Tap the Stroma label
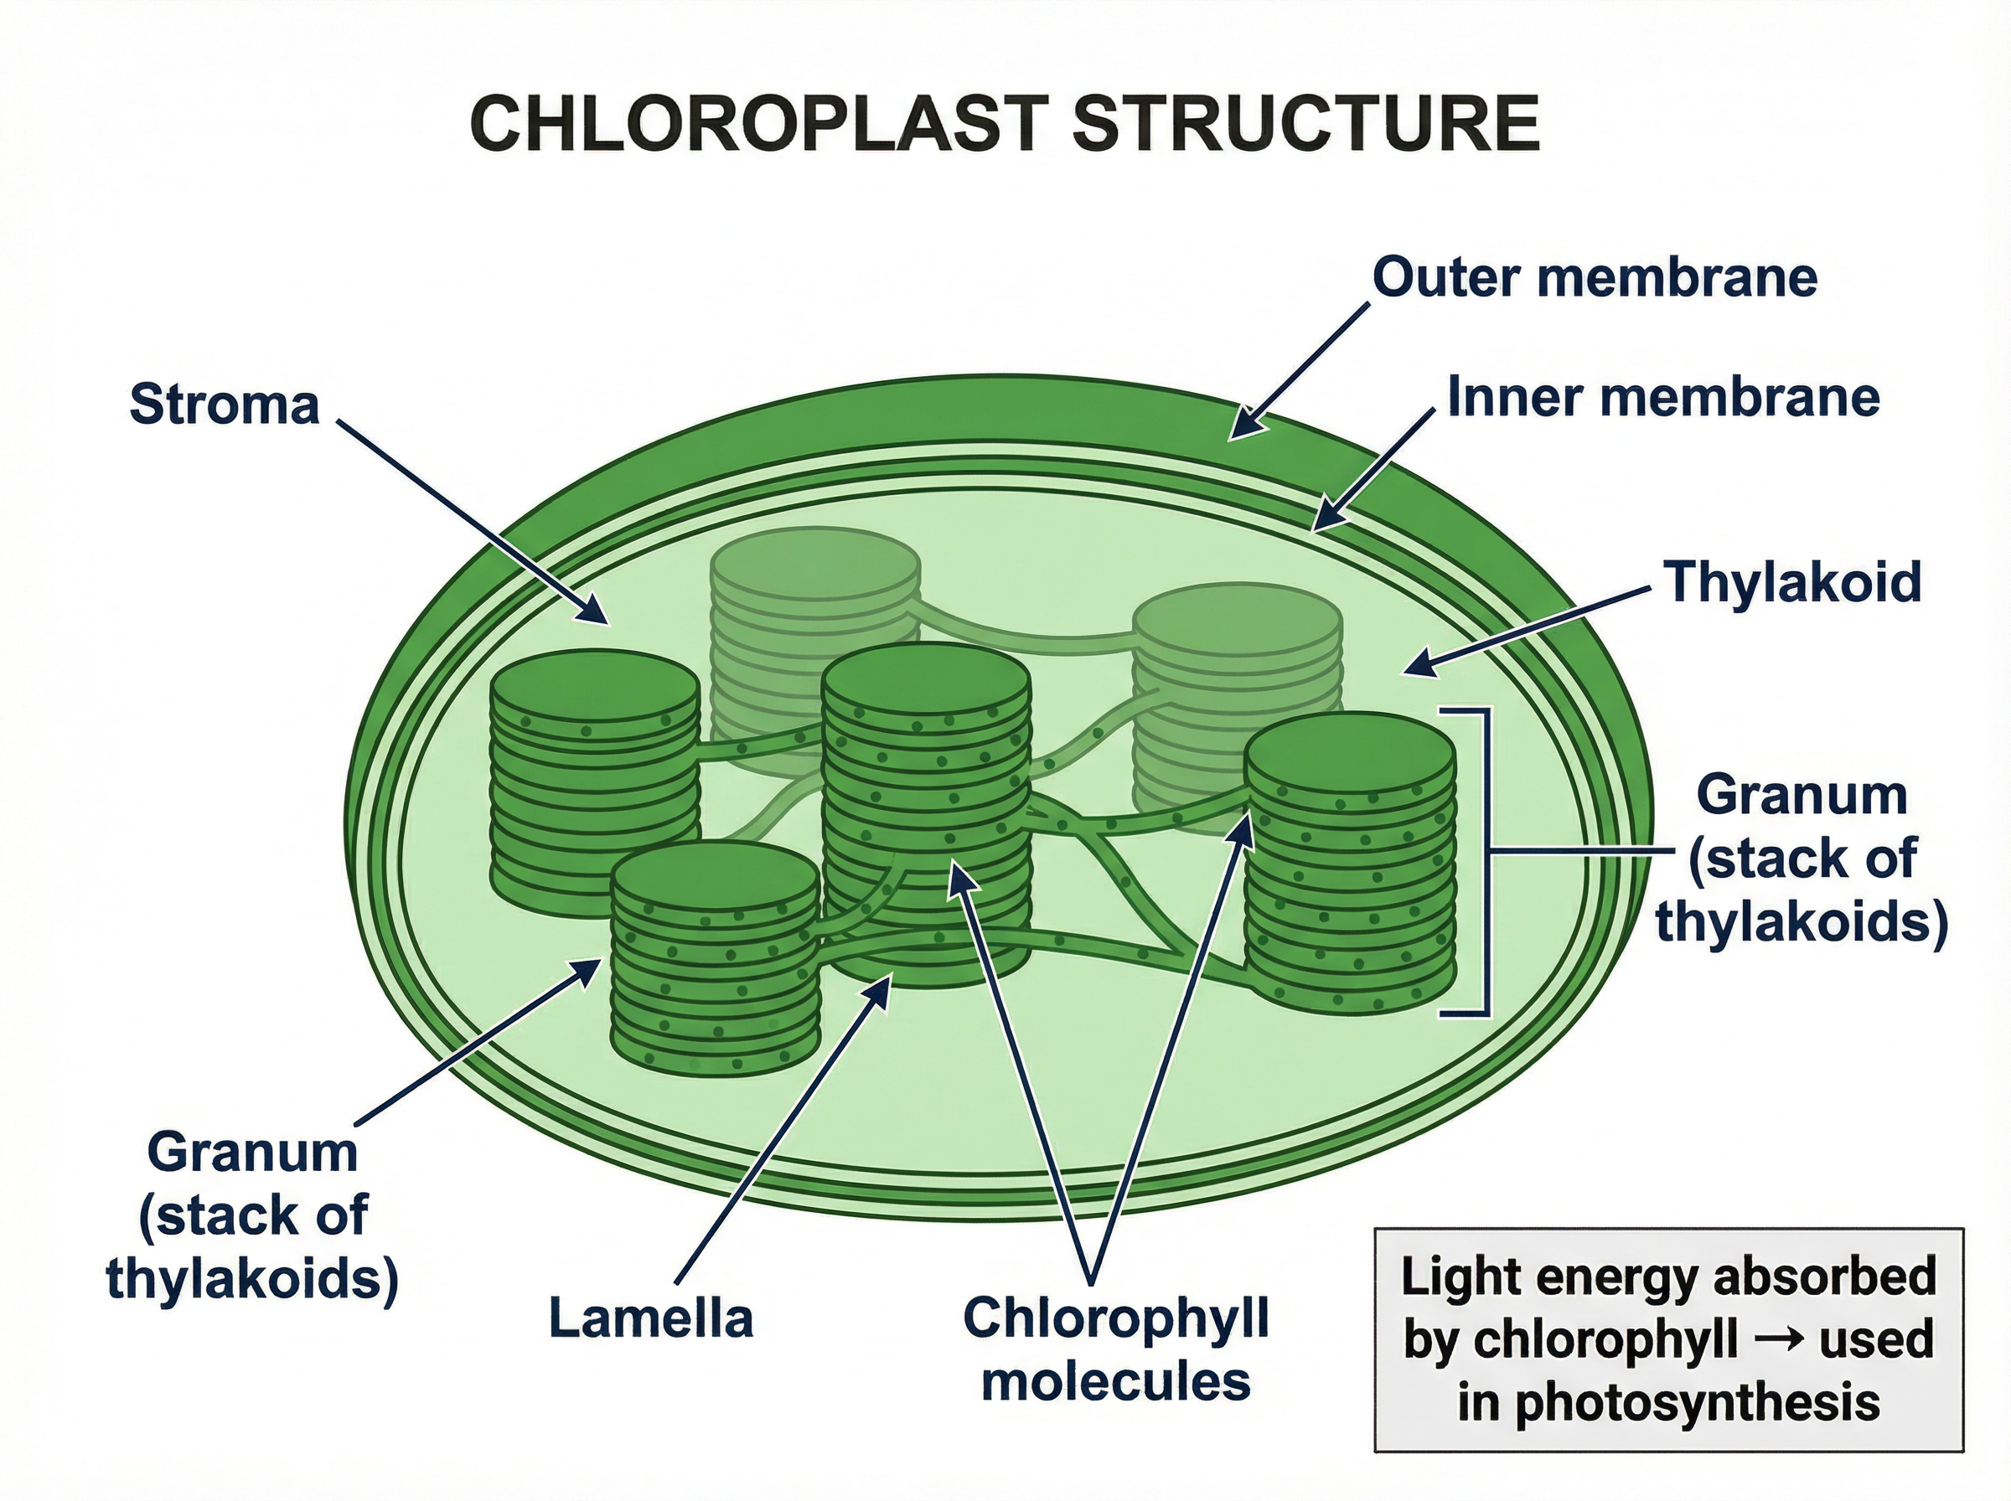(x=225, y=405)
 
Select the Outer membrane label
(x=1594, y=276)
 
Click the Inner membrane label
(x=1663, y=398)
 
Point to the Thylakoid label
(x=1792, y=581)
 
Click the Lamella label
(x=651, y=1318)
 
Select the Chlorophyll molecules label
(x=1116, y=1349)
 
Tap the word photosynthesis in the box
(x=1668, y=1401)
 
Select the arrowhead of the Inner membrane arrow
(x=1323, y=522)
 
